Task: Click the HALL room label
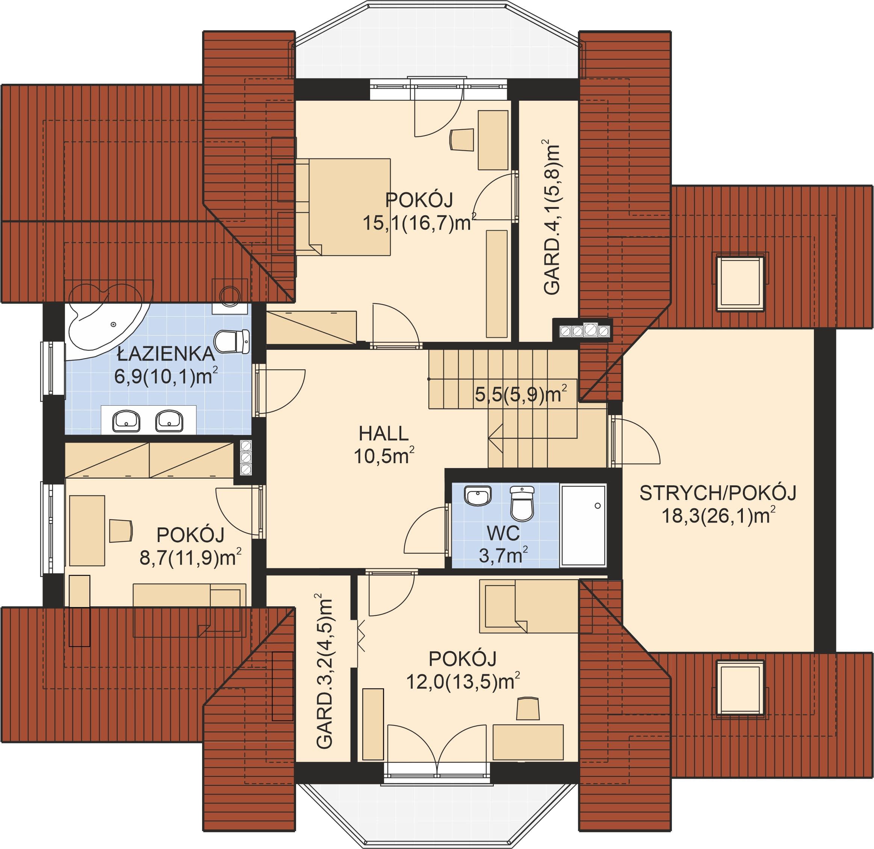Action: click(x=384, y=434)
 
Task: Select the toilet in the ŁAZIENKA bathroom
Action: click(x=231, y=341)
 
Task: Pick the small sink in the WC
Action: click(x=478, y=496)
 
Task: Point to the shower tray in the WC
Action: click(x=583, y=525)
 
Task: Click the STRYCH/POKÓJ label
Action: click(x=718, y=493)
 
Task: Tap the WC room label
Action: click(x=503, y=533)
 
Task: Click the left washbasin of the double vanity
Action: click(x=126, y=421)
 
